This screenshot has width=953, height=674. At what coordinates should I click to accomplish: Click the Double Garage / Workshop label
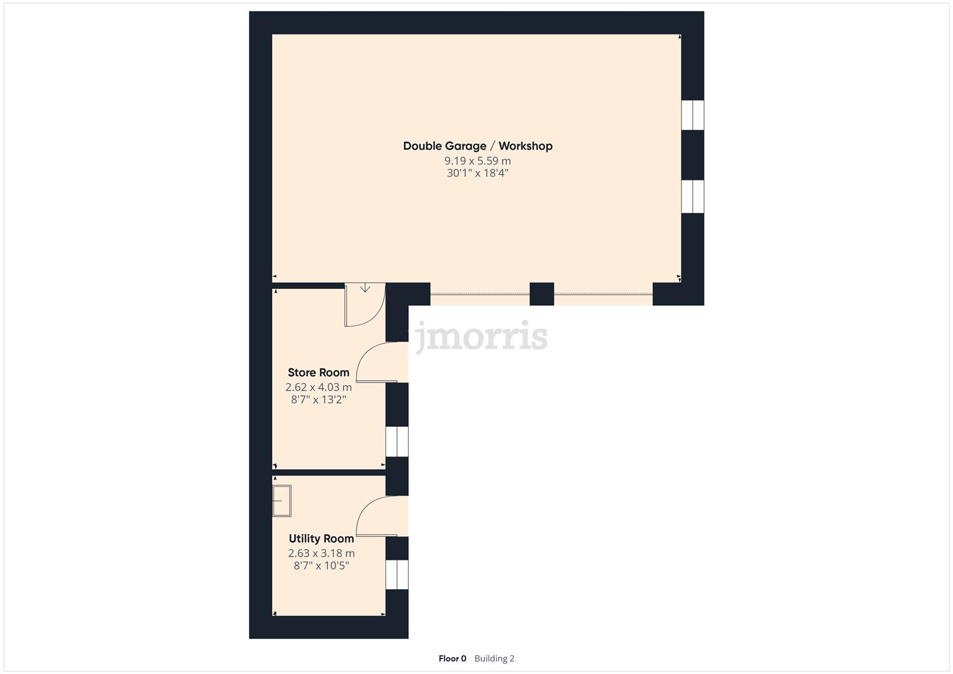[x=477, y=146]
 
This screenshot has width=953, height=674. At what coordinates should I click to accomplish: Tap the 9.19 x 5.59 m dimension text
[x=477, y=161]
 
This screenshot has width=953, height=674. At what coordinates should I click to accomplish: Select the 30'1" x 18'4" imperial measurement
[x=477, y=173]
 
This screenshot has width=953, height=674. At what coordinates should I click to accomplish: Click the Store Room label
[x=318, y=373]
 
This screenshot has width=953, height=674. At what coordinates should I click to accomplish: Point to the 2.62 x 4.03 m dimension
[x=318, y=388]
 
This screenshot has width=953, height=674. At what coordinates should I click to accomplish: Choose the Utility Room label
[x=321, y=539]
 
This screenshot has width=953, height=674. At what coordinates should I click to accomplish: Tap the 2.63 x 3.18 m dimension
[x=321, y=554]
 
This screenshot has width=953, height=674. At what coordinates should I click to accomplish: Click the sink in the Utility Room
[x=282, y=501]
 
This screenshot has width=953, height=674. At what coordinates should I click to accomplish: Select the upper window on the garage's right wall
[x=692, y=115]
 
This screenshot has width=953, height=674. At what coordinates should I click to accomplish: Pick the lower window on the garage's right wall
[x=692, y=197]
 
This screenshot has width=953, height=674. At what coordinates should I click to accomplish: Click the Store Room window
[x=397, y=442]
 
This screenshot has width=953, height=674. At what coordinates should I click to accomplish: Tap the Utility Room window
[x=397, y=575]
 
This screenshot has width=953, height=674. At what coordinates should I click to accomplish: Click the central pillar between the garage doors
[x=542, y=294]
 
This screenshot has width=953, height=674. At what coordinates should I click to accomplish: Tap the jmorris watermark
[x=481, y=337]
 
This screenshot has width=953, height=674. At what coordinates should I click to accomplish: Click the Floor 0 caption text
[x=452, y=658]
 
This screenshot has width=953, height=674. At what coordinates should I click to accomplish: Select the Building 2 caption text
[x=494, y=658]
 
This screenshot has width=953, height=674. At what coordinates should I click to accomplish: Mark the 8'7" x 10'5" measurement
[x=321, y=566]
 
